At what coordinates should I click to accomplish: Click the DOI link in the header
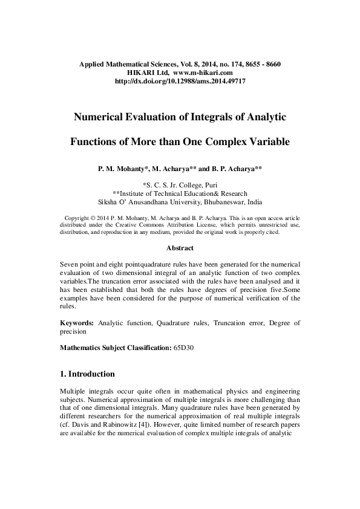[x=180, y=80]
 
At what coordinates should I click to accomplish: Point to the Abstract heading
[x=180, y=248]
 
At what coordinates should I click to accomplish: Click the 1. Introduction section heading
[x=88, y=374]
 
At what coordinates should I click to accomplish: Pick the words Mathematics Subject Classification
[x=114, y=348]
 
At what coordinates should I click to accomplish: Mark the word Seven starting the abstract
[x=71, y=265]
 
